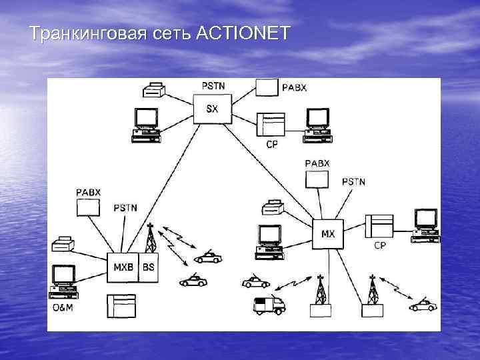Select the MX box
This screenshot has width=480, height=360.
pyautogui.click(x=328, y=234)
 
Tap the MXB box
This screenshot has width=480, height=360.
pyautogui.click(x=123, y=267)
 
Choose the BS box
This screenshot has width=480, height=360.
pyautogui.click(x=148, y=267)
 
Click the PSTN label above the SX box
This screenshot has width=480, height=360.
pyautogui.click(x=213, y=85)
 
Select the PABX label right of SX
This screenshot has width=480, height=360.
pyautogui.click(x=294, y=88)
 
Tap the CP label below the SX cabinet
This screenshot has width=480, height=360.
pyautogui.click(x=271, y=144)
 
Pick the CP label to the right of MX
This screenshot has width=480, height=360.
pyautogui.click(x=379, y=246)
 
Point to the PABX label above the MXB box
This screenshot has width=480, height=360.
pyautogui.click(x=88, y=192)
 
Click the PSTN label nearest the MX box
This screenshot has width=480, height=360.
pyautogui.click(x=353, y=181)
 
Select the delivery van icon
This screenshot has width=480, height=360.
pyautogui.click(x=269, y=305)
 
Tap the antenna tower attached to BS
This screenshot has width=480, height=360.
pyautogui.click(x=151, y=237)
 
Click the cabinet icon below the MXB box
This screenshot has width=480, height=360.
pyautogui.click(x=121, y=306)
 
